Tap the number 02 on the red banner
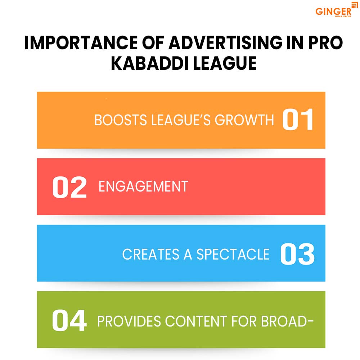69,186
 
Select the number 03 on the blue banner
297,254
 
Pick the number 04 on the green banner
69,321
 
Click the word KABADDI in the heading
147,63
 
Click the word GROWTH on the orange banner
245,120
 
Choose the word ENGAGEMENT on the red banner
143,186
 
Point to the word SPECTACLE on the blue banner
233,254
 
